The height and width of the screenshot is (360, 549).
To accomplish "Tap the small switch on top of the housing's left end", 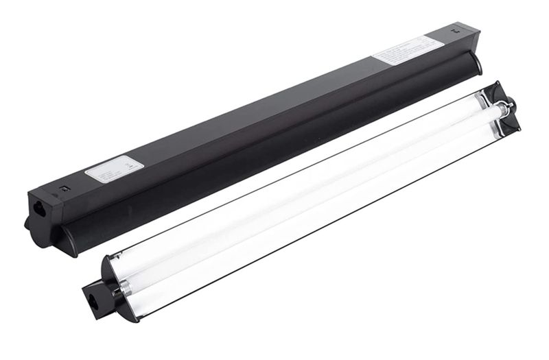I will click(63, 187).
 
